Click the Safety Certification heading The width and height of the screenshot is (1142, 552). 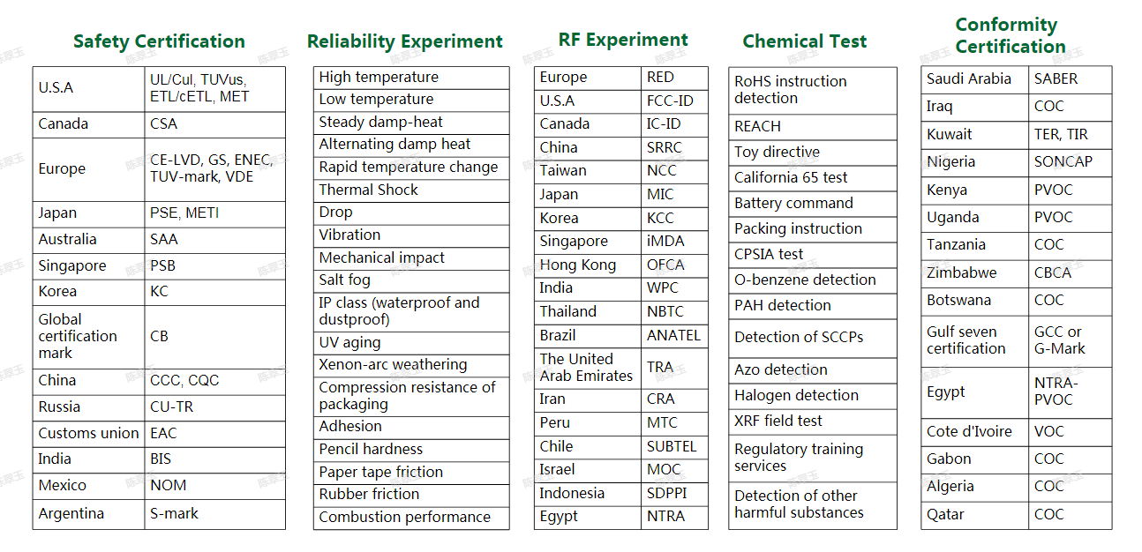(x=159, y=41)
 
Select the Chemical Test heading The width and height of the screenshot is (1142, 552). (x=804, y=41)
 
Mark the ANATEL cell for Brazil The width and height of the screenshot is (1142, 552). (x=673, y=335)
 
